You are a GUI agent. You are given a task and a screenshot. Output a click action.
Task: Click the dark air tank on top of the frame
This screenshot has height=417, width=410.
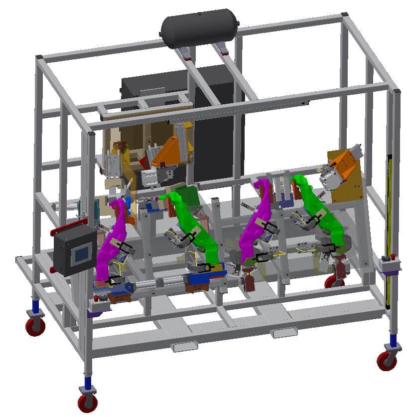[x=198, y=28]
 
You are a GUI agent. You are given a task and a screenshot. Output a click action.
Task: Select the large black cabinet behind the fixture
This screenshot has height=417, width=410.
[x=219, y=125]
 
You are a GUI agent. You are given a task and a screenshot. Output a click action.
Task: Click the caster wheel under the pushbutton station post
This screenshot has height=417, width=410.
[x=88, y=402]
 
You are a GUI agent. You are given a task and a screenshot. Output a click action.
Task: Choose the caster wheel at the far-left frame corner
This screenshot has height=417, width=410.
[x=35, y=326]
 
